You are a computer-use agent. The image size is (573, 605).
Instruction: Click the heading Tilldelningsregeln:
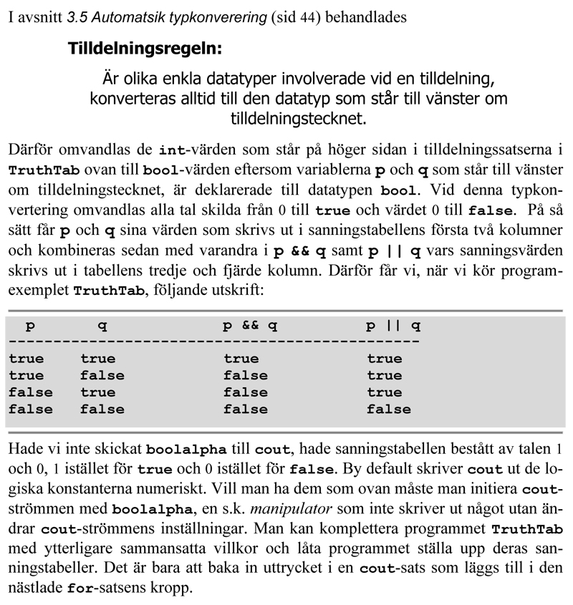click(x=145, y=49)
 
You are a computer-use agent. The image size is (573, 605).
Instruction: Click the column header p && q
click(x=249, y=326)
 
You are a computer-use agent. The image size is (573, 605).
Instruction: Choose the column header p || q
click(x=393, y=326)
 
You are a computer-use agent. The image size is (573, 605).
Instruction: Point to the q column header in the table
click(x=102, y=326)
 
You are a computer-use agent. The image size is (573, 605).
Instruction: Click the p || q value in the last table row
click(x=389, y=410)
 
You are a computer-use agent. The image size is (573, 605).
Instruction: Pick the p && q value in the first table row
click(x=241, y=359)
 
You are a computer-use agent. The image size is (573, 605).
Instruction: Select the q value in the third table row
click(x=97, y=392)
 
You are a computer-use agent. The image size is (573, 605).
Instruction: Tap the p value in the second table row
click(x=26, y=376)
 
